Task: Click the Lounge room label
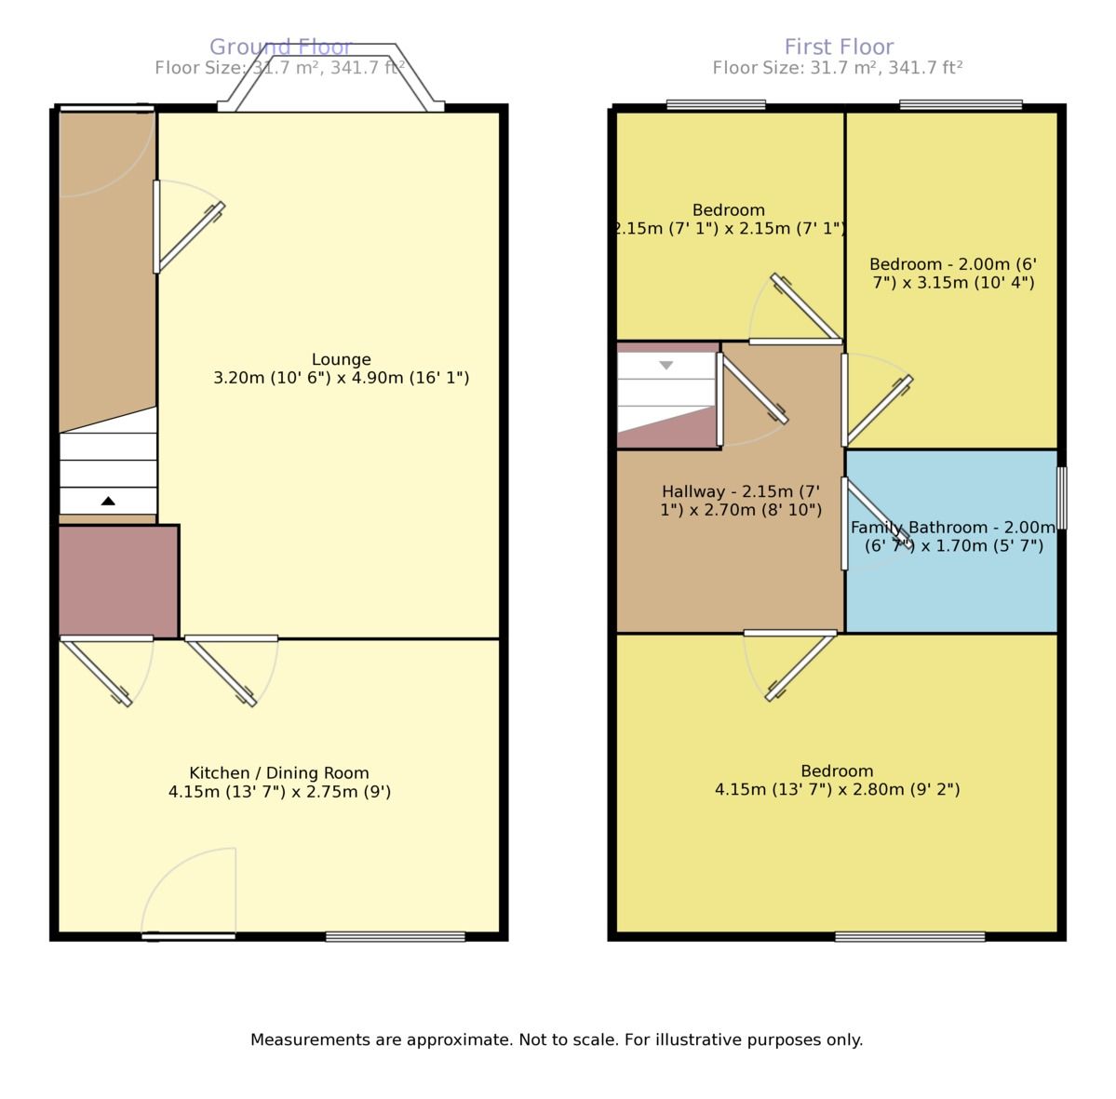click(x=341, y=359)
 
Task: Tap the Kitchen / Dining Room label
click(x=279, y=773)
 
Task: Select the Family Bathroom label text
click(x=952, y=536)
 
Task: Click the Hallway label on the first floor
click(x=741, y=501)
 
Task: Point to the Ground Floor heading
click(x=279, y=47)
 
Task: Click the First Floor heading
click(x=839, y=47)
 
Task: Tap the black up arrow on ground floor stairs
click(x=108, y=502)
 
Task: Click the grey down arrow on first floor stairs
click(x=666, y=366)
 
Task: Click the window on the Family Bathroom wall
click(x=1062, y=499)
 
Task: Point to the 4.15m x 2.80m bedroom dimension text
click(x=837, y=790)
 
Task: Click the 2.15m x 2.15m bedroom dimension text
click(x=729, y=228)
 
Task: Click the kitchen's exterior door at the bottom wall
click(x=189, y=935)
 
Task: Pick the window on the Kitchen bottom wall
click(x=395, y=936)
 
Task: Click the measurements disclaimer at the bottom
click(x=557, y=1039)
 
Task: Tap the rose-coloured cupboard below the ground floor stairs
click(x=118, y=582)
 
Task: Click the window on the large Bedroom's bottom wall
click(x=909, y=936)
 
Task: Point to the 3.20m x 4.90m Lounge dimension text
click(x=341, y=379)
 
